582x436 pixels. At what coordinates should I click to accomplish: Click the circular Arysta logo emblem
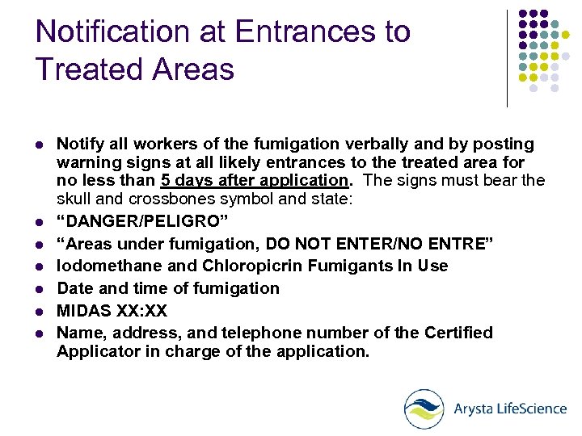(x=424, y=409)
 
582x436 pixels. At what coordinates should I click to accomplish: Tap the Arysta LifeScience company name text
(x=509, y=409)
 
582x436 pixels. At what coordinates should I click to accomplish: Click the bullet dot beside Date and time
(x=39, y=289)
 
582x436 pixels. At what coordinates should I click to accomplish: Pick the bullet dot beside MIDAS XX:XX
(x=39, y=311)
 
